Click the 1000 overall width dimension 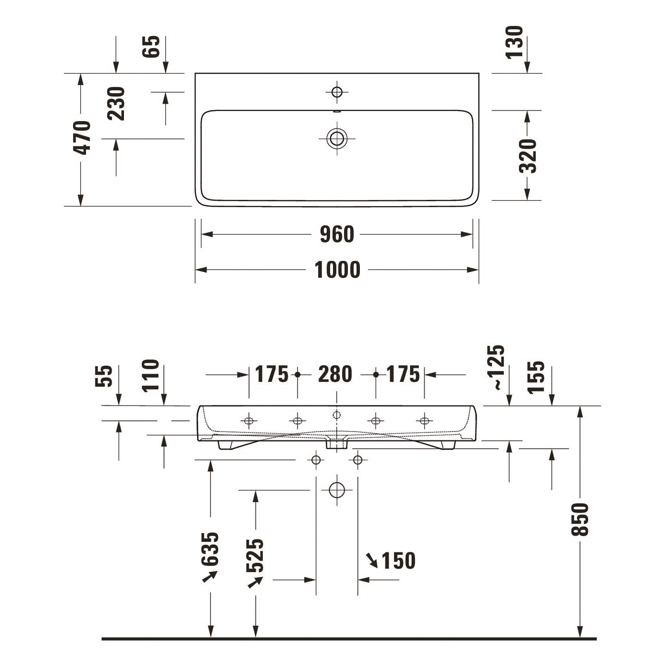point(337,270)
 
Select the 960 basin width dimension point(337,234)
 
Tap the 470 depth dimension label point(82,137)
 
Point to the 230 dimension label point(116,103)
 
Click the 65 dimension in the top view point(151,47)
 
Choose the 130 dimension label point(514,42)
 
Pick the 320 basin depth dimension point(528,156)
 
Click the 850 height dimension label point(579,519)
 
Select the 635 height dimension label point(210,549)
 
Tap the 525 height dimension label point(255,555)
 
